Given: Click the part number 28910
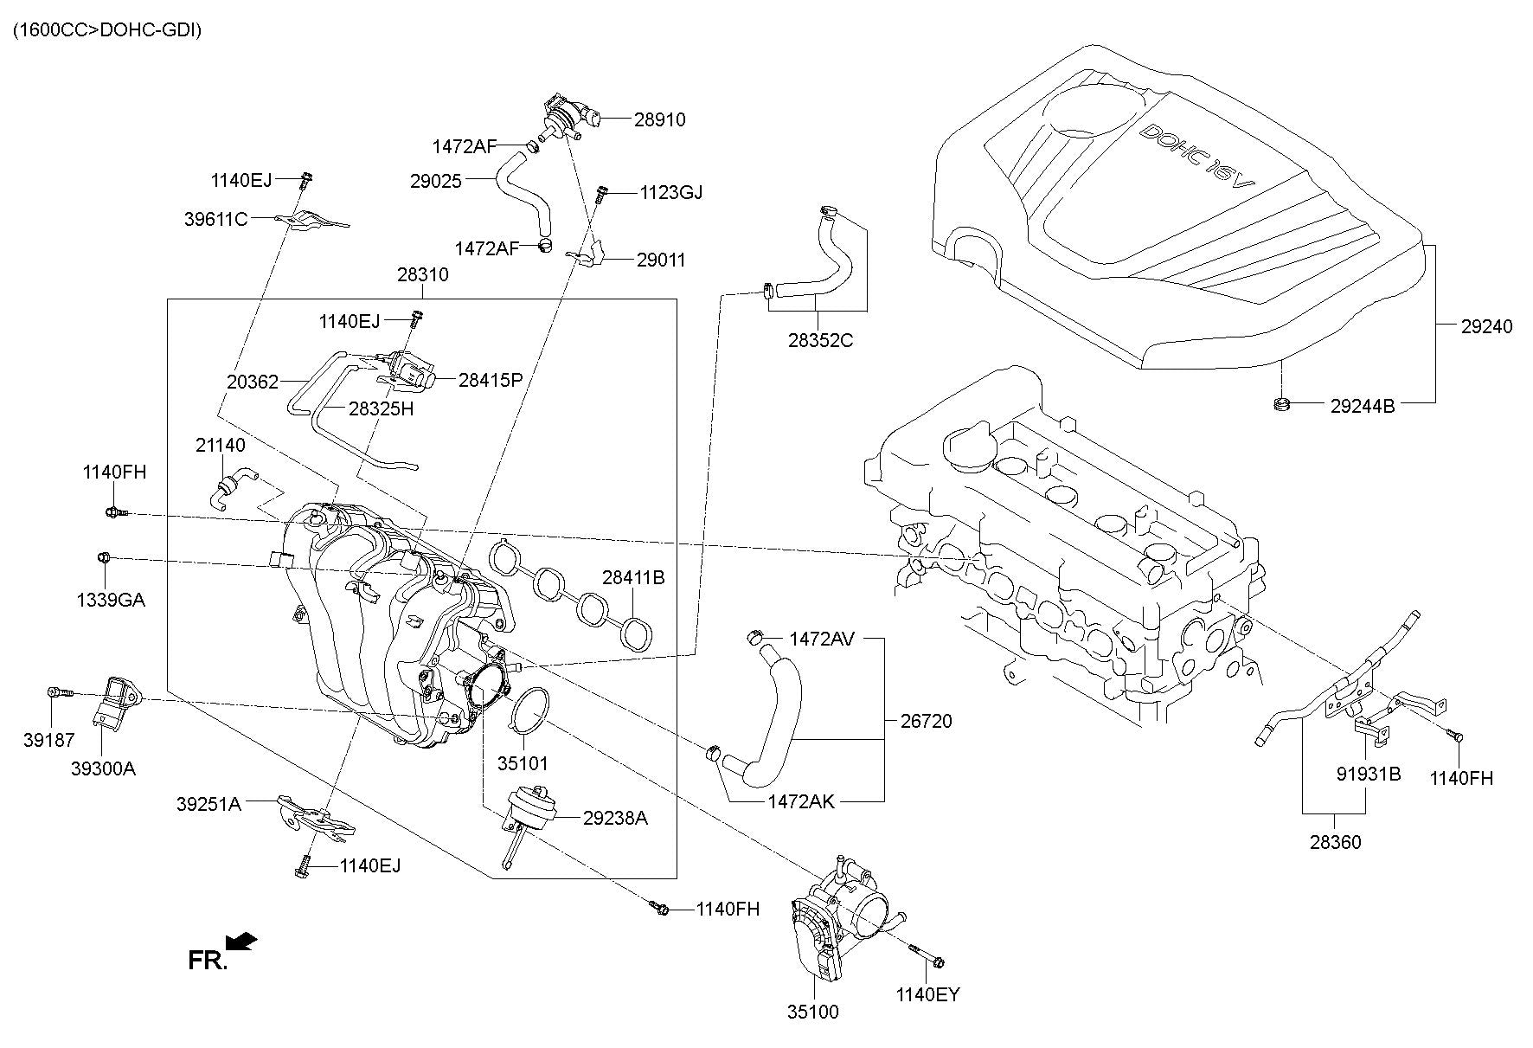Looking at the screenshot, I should point(659,119).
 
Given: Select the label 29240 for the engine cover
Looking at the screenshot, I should point(1487,326).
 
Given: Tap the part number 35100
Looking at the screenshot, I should point(813,1011).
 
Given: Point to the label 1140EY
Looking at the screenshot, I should point(928,994).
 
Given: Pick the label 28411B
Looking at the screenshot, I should point(633,577).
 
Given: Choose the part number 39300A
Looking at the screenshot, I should point(104,768).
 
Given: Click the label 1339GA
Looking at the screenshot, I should point(109,598).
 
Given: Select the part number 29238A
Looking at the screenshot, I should point(615,818).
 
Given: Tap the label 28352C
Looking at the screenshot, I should point(820,340).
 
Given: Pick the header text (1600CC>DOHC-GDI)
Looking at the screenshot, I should point(106,31).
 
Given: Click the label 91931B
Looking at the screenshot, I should point(1368,773).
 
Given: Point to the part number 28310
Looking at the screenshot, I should point(423,274).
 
